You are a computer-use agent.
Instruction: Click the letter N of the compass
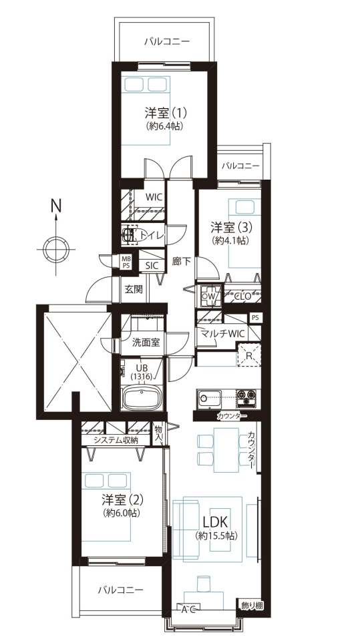coord(55,205)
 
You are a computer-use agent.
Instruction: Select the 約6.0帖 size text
coord(122,513)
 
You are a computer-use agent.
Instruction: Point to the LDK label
coord(216,522)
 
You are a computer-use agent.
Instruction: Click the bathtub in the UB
coord(141,398)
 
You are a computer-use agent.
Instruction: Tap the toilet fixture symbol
coord(130,235)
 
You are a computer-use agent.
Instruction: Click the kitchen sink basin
coord(210,396)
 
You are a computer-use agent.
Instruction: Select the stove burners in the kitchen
coord(246,396)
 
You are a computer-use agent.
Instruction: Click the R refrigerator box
coord(249,355)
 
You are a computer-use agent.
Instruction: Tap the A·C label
coord(188,610)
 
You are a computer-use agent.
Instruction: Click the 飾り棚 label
coord(252,606)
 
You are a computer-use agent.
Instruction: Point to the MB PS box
coord(126,261)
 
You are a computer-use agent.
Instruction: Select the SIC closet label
coord(152,265)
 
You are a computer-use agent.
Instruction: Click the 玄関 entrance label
coord(134,289)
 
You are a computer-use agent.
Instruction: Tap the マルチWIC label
coord(222,333)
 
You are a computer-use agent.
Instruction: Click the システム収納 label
coord(116,440)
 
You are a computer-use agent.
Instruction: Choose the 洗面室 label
coord(145,343)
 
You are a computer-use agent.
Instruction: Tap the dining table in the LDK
coord(226,449)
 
